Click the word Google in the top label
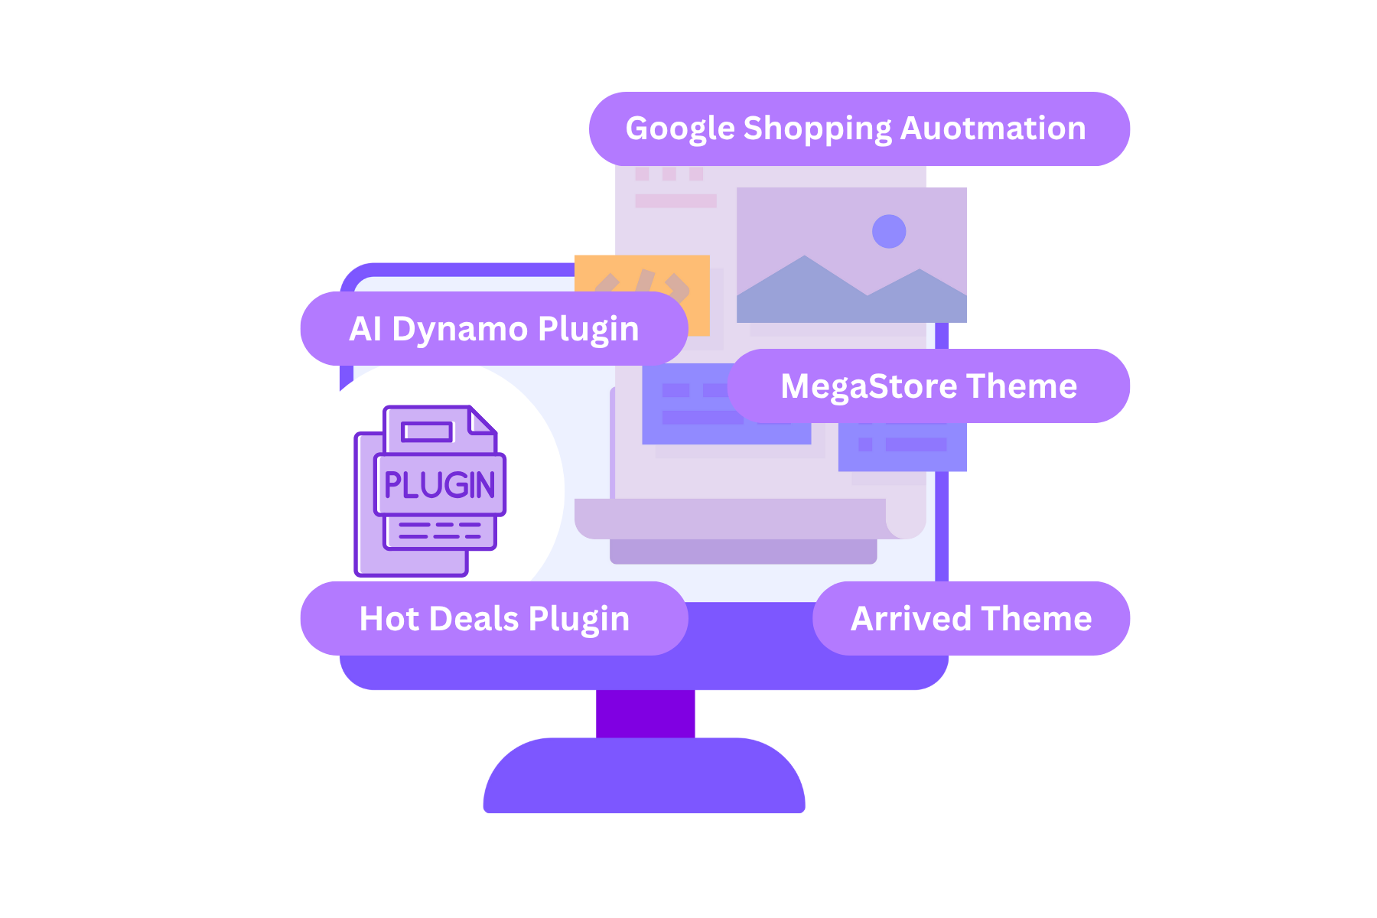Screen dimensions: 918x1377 pyautogui.click(x=680, y=129)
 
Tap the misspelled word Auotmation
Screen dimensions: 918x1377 pyautogui.click(x=993, y=129)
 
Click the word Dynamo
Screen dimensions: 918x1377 pyautogui.click(x=460, y=329)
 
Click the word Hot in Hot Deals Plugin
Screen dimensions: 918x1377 pyautogui.click(x=389, y=619)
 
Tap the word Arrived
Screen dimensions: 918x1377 pyautogui.click(x=911, y=619)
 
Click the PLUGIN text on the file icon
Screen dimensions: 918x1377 pyautogui.click(x=439, y=485)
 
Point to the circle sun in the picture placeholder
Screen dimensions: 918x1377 pyautogui.click(x=889, y=231)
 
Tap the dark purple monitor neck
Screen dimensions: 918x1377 pyautogui.click(x=646, y=714)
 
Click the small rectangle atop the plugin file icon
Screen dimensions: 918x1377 pyautogui.click(x=428, y=432)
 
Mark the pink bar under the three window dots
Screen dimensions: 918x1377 pyautogui.click(x=675, y=200)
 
